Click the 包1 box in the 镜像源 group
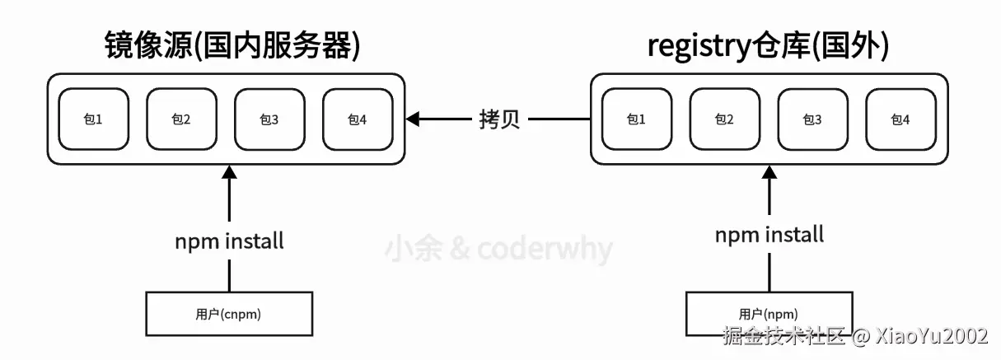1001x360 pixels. tap(93, 119)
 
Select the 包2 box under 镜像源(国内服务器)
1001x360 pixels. tap(181, 119)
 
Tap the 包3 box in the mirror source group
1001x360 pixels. tap(269, 119)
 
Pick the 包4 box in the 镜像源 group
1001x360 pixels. tap(357, 119)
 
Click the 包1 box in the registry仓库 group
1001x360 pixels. tap(637, 119)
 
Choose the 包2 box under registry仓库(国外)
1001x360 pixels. tap(724, 119)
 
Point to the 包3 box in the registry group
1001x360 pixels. tap(812, 119)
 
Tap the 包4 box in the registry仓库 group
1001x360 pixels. tap(900, 119)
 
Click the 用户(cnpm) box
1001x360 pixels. tap(229, 314)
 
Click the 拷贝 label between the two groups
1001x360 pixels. tap(499, 120)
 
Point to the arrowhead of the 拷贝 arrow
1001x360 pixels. tap(414, 120)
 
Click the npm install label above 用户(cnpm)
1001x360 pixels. tap(229, 241)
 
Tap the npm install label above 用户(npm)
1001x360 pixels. tap(769, 235)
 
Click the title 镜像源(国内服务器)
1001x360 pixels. tap(232, 47)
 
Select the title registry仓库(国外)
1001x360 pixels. tap(769, 47)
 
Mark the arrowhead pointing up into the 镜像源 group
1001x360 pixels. tap(230, 173)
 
